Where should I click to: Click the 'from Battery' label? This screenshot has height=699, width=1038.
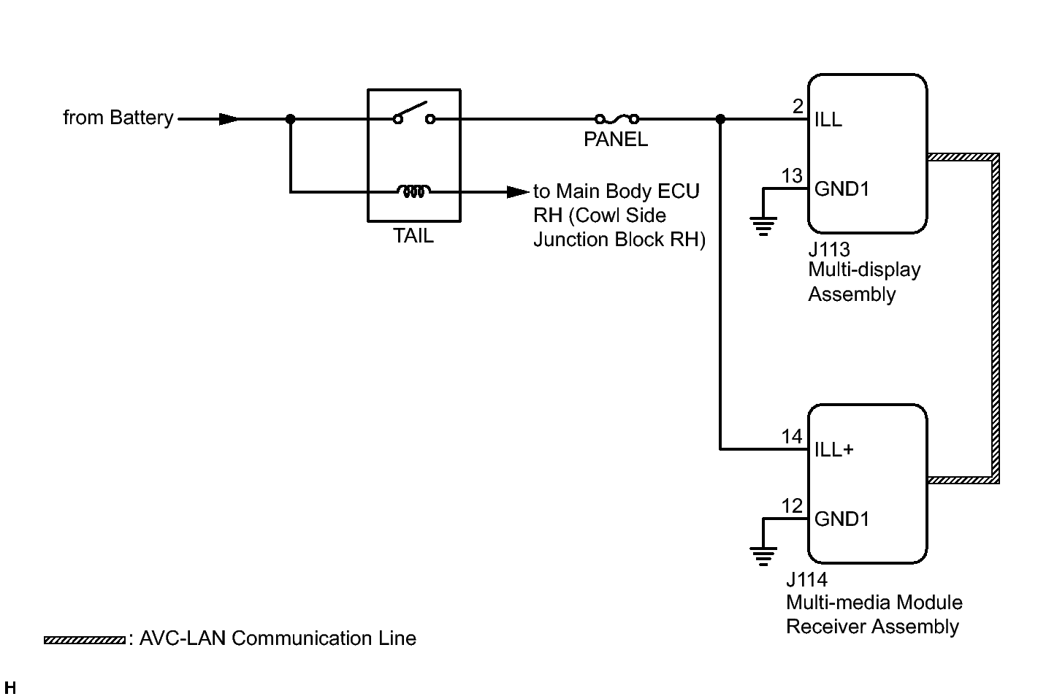[x=118, y=118]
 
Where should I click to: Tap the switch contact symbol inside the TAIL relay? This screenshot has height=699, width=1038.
[x=413, y=115]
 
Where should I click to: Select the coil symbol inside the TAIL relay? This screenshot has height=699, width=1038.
[x=413, y=191]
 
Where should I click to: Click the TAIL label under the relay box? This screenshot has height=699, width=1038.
[x=413, y=236]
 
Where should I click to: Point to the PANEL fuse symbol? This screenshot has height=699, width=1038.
[x=617, y=118]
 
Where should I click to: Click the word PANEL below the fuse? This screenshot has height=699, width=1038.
[x=616, y=140]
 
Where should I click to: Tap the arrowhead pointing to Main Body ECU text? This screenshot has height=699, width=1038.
[x=519, y=192]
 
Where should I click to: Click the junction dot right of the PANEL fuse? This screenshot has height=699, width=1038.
[x=721, y=119]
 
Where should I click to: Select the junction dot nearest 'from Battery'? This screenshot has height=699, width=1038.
[x=290, y=119]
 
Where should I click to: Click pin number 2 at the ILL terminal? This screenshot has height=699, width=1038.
[x=798, y=107]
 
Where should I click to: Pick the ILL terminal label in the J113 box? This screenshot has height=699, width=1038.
[x=828, y=119]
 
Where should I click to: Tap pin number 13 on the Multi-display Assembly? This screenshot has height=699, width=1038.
[x=792, y=176]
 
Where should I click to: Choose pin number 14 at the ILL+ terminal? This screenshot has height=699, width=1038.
[x=792, y=437]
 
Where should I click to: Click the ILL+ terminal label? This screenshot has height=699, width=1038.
[x=834, y=449]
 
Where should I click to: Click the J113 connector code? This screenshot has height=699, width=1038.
[x=829, y=250]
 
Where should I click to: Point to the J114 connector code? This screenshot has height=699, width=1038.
[x=807, y=580]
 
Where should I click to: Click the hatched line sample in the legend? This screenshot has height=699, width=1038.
[x=84, y=640]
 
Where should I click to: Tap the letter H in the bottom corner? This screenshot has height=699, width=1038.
[x=10, y=688]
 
